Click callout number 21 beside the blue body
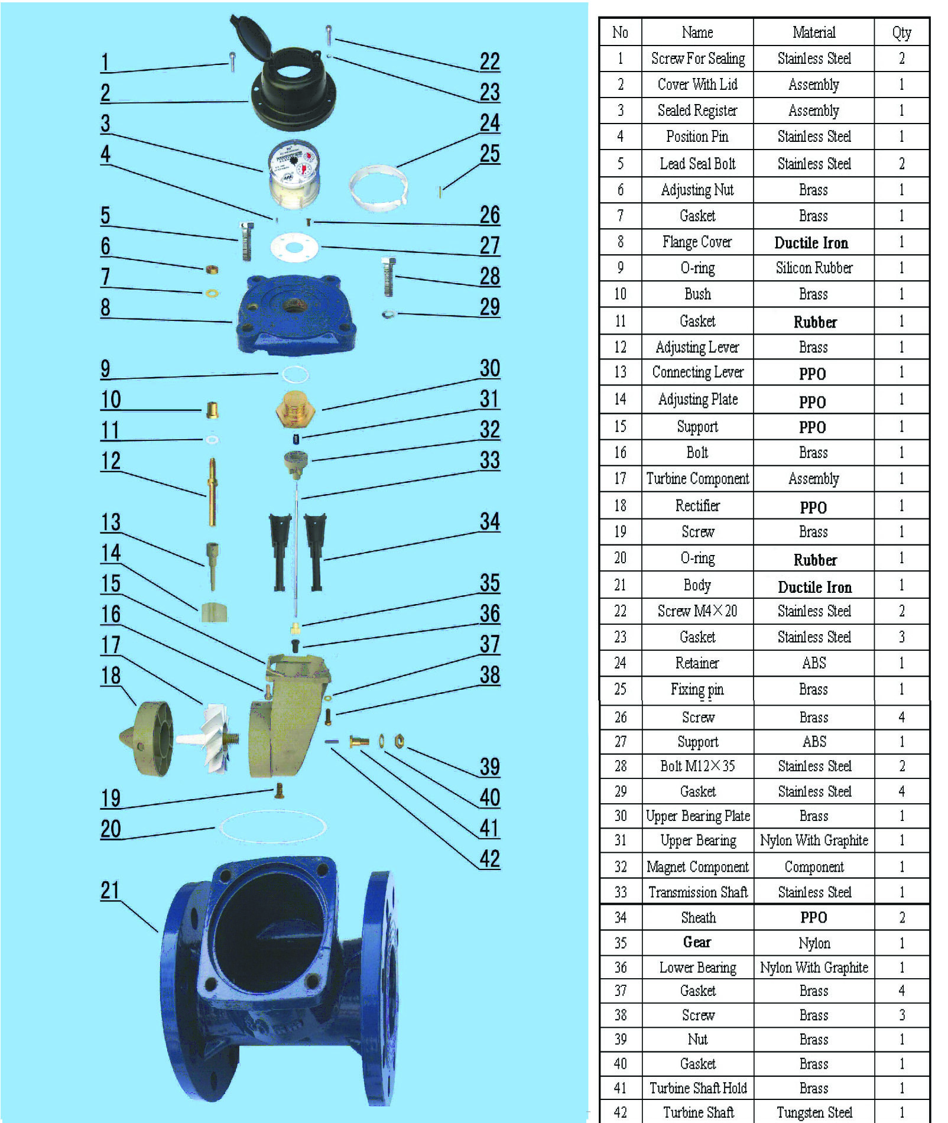110,891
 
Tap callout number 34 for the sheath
490,522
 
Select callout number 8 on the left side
105,307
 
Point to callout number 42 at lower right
490,859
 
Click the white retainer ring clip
378,188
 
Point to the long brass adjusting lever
212,492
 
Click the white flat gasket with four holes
294,247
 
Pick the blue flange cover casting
296,314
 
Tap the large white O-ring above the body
273,827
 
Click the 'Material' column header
814,33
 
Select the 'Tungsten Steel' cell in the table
814,1112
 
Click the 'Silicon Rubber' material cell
814,268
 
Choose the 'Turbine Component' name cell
697,478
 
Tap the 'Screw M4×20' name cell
697,611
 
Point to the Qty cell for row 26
901,717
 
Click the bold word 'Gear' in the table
697,942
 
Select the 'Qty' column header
901,33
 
